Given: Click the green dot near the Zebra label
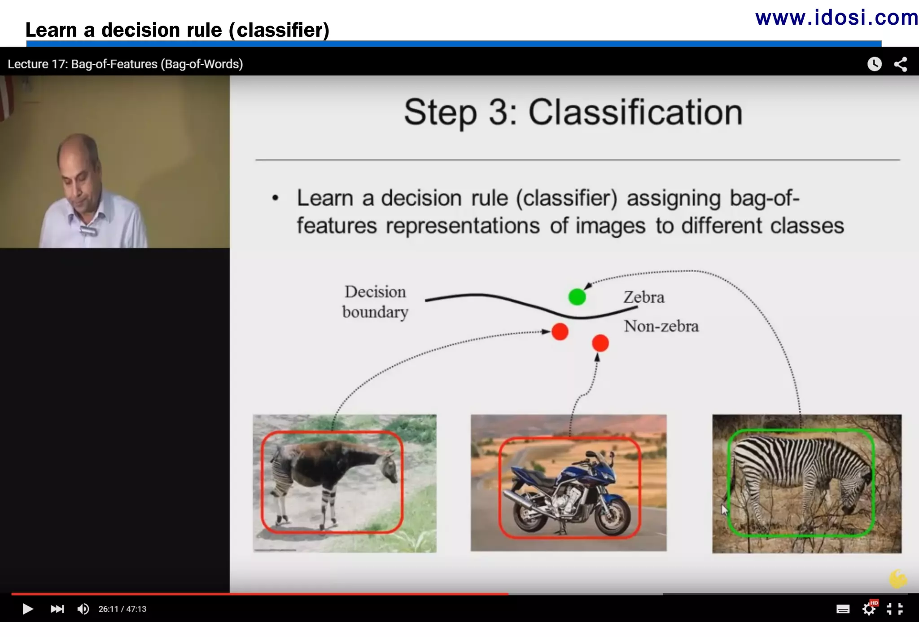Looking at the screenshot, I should point(577,297).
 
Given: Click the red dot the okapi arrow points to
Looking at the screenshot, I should point(560,332).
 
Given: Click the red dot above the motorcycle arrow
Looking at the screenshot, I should point(600,343).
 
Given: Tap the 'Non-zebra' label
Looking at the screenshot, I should point(661,326).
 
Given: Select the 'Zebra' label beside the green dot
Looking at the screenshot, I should point(643,297).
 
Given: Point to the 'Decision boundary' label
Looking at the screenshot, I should point(375,302).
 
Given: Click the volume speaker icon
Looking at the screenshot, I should point(83,609).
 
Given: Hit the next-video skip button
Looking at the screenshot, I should point(57,609).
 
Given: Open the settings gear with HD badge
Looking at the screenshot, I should point(869,609).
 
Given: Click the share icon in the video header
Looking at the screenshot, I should point(901,64).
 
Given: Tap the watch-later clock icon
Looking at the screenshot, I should point(874,64).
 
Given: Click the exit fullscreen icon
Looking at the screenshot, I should point(895,609).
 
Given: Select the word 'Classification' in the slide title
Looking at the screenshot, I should point(635,112).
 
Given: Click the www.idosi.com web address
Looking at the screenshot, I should point(836,18).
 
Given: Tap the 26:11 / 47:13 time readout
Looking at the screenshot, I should point(123,609).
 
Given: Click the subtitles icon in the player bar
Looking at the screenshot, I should point(843,609).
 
